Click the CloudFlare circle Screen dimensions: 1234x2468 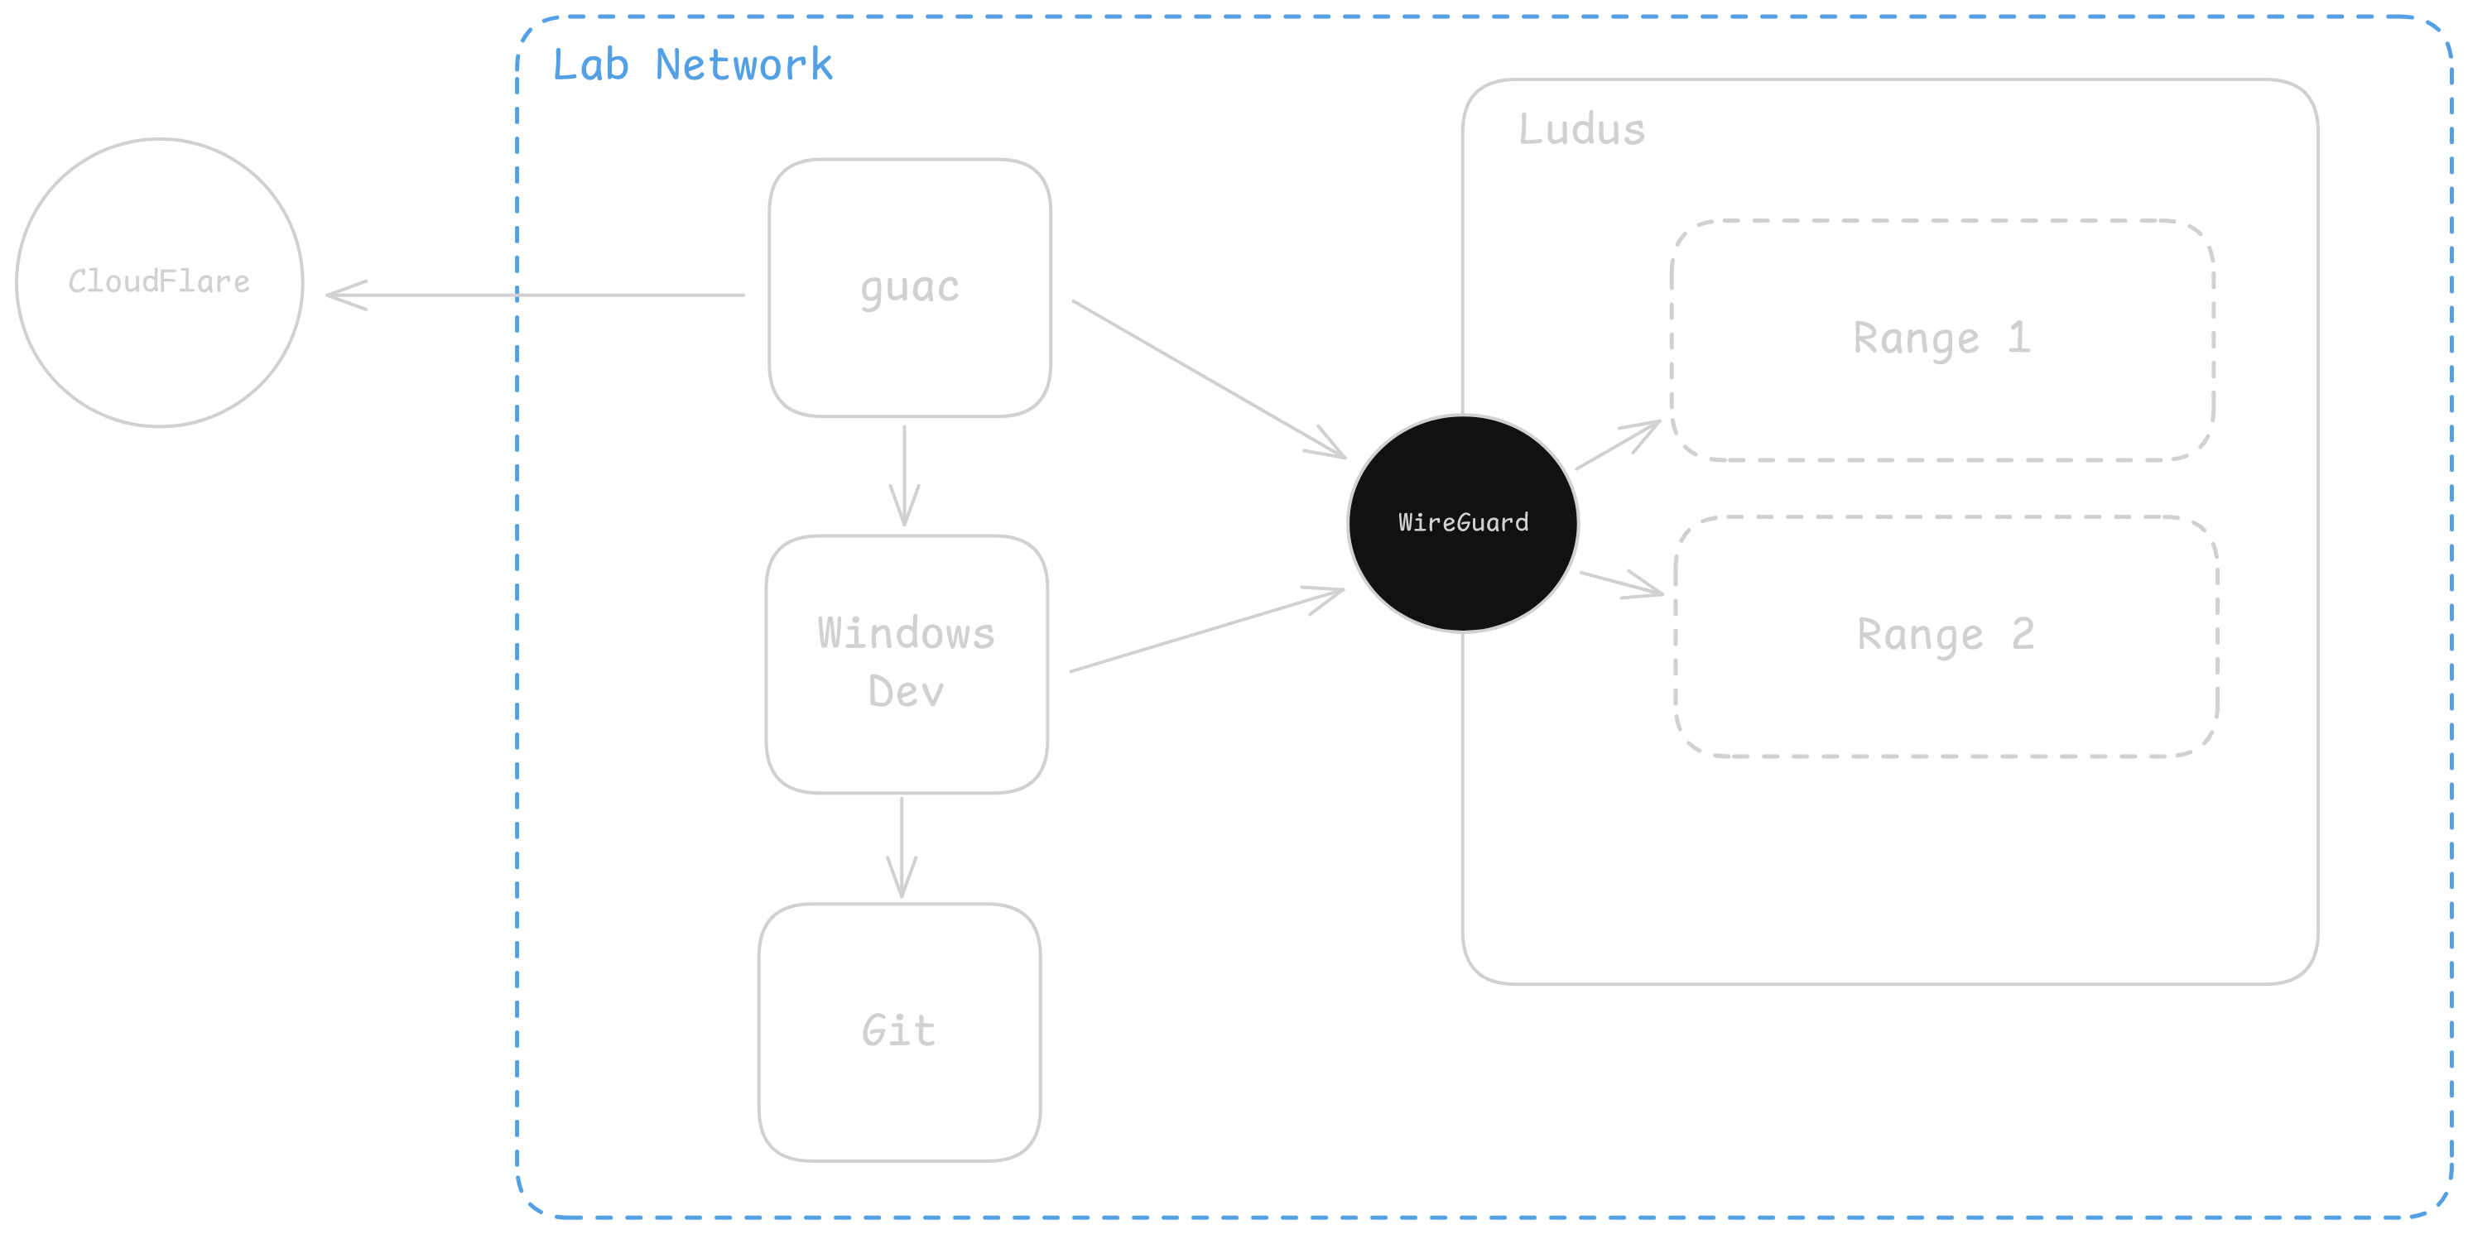pos(160,282)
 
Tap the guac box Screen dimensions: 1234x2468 pos(909,287)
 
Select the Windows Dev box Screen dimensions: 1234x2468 pos(907,663)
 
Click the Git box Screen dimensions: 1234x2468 pos(898,1032)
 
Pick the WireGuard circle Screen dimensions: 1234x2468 pos(1463,523)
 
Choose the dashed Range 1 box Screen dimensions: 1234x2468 pos(1942,340)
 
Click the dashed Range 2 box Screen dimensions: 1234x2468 pos(1946,636)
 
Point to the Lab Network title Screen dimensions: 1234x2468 pos(692,65)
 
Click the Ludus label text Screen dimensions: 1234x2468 pos(1580,130)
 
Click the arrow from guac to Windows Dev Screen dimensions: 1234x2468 pos(904,474)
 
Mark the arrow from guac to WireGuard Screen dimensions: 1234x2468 pos(1207,377)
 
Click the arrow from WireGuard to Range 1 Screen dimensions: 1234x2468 pos(1617,445)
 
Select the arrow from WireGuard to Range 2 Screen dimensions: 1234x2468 pos(1621,583)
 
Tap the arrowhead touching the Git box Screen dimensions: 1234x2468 pos(902,887)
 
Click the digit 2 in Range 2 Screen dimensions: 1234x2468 pos(2023,634)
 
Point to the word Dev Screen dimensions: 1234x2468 pos(906,692)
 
